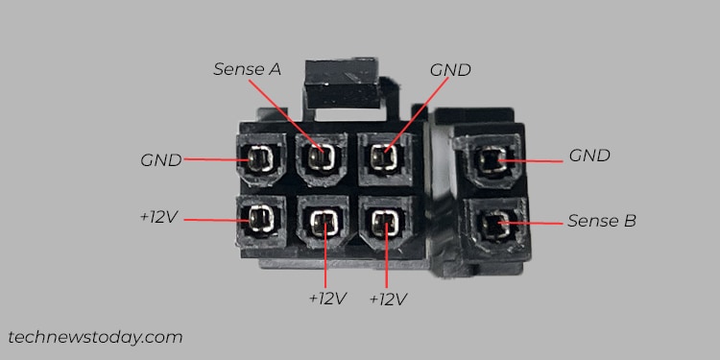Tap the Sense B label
click(601, 221)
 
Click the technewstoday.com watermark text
click(95, 337)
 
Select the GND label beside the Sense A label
click(449, 69)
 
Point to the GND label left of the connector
click(161, 159)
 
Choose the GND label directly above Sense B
click(589, 155)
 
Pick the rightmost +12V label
click(389, 299)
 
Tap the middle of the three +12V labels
click(327, 299)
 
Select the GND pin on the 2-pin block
click(493, 161)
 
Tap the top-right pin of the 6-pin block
click(386, 155)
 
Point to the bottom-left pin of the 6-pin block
click(260, 220)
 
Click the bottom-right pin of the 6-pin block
click(386, 224)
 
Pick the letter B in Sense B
click(630, 221)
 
